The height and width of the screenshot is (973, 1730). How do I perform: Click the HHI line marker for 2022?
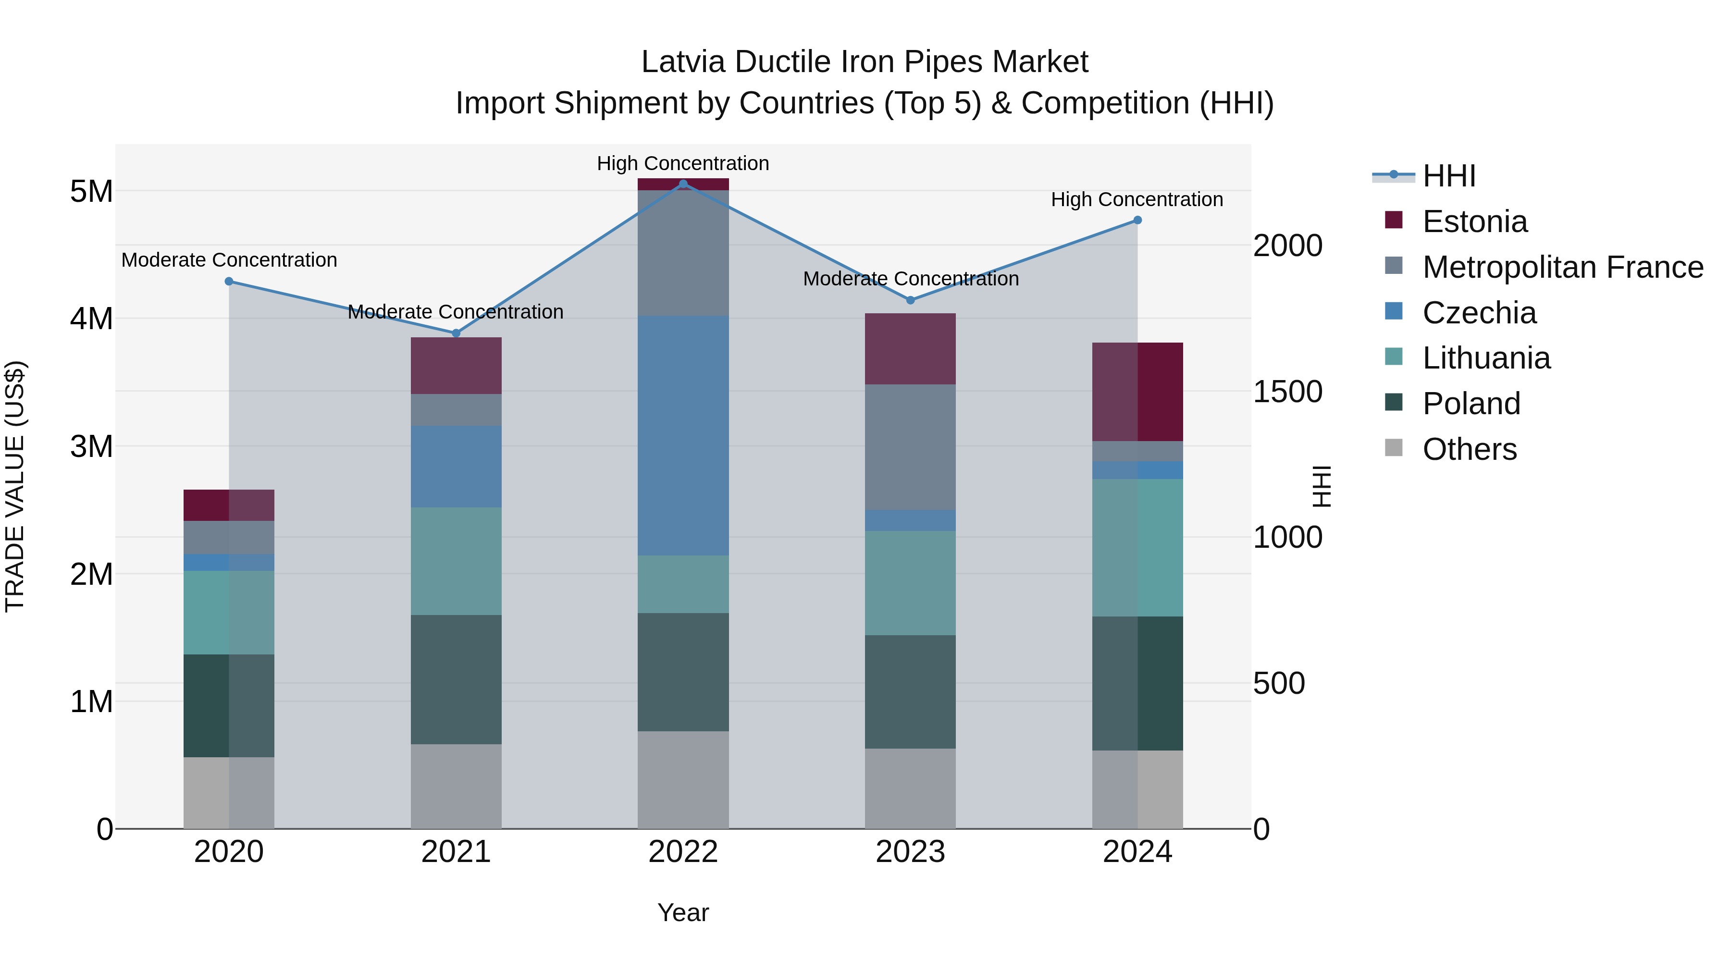pyautogui.click(x=683, y=184)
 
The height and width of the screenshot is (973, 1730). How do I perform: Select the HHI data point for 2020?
pyautogui.click(x=229, y=282)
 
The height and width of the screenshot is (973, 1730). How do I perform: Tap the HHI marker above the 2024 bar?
pyautogui.click(x=1137, y=220)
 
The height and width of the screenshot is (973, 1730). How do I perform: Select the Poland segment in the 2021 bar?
pyautogui.click(x=456, y=679)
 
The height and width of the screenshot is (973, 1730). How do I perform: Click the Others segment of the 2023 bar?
pyautogui.click(x=910, y=788)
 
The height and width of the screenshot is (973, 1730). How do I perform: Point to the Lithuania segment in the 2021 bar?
pyautogui.click(x=456, y=561)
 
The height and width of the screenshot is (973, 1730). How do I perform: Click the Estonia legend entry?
pyautogui.click(x=1474, y=222)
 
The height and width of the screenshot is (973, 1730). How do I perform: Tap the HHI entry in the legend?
pyautogui.click(x=1448, y=176)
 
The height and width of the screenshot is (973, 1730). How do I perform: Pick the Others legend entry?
pyautogui.click(x=1469, y=449)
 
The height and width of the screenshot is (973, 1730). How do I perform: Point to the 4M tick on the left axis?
pyautogui.click(x=91, y=318)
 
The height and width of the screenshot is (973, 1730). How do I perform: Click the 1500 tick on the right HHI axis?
pyautogui.click(x=1287, y=392)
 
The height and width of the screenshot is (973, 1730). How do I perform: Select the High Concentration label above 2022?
pyautogui.click(x=683, y=163)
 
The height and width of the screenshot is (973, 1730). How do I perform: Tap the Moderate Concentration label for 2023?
pyautogui.click(x=911, y=279)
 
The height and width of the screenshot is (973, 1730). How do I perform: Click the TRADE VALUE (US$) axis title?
pyautogui.click(x=15, y=486)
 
